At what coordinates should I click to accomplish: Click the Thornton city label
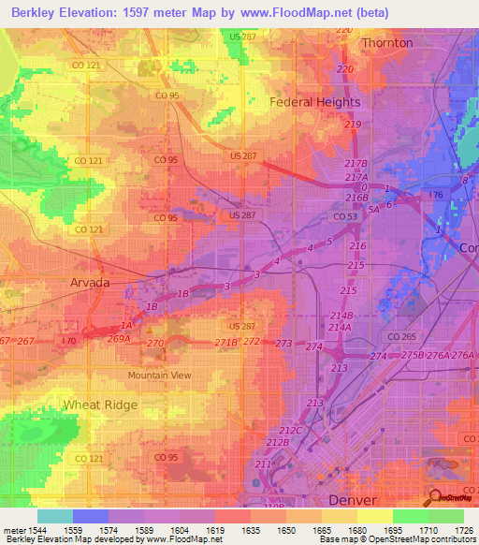(386, 43)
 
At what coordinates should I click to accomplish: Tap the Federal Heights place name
(315, 102)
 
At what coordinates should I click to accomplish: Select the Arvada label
(90, 281)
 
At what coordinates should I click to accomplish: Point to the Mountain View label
(159, 375)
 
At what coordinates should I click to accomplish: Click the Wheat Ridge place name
(100, 405)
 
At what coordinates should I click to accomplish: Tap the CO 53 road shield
(345, 216)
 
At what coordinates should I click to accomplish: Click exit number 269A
(118, 339)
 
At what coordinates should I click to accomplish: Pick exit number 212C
(292, 430)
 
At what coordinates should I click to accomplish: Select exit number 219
(353, 125)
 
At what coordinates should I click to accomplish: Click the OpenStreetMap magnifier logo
(434, 497)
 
